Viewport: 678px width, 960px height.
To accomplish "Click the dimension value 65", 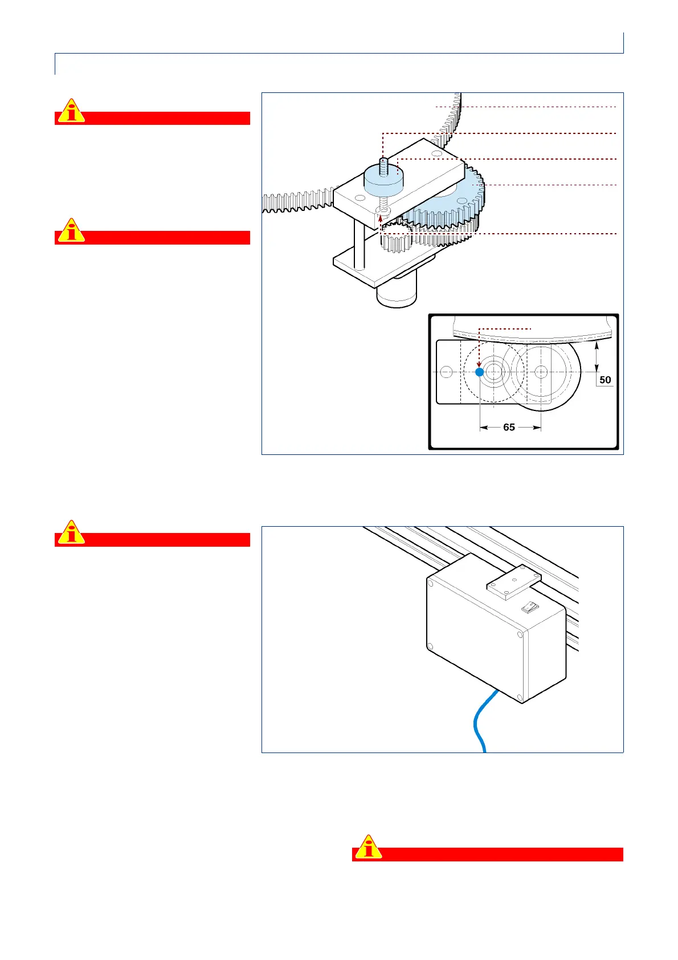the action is [x=509, y=427].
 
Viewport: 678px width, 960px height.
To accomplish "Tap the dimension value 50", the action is [x=605, y=380].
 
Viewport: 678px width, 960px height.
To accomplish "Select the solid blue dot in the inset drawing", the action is [x=480, y=372].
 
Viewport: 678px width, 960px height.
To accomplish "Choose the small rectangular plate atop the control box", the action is [x=513, y=582].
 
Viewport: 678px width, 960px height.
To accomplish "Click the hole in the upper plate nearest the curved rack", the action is [x=436, y=154].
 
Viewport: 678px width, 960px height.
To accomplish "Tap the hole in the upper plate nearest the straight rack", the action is [x=358, y=198].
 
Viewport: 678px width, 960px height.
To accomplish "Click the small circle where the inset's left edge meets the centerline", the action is [x=447, y=372].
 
